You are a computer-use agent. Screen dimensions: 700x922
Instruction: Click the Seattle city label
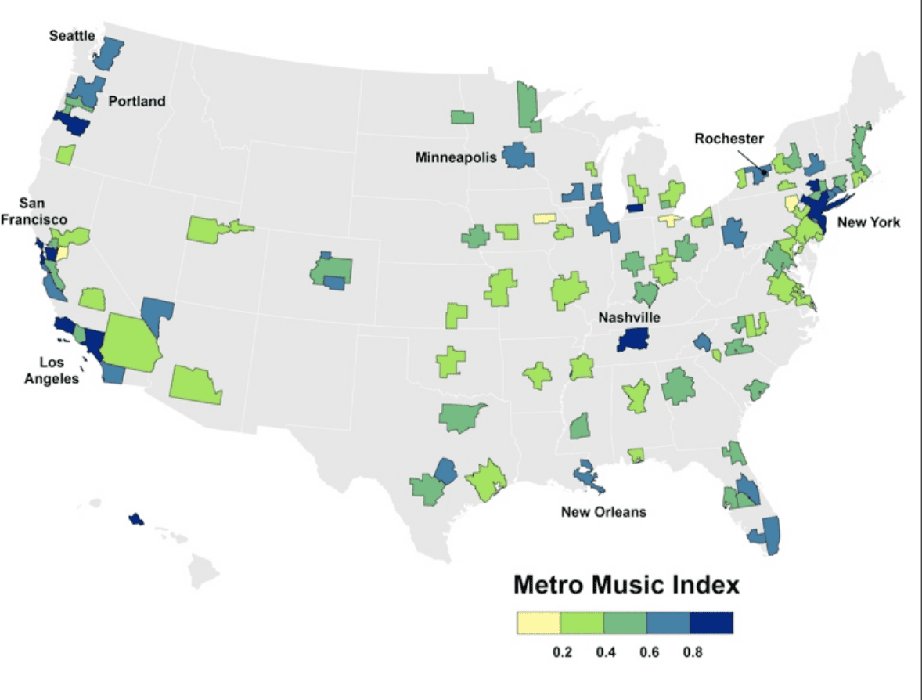click(x=71, y=36)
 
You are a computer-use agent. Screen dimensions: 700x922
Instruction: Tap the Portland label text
click(x=137, y=101)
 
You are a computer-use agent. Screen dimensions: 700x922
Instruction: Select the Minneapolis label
click(x=456, y=157)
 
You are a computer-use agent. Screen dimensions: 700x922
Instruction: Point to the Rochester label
click(x=728, y=139)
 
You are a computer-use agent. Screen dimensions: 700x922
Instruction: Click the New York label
click(x=869, y=222)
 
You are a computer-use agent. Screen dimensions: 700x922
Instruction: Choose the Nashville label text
click(x=629, y=317)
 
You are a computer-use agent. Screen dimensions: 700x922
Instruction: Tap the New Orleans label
click(x=603, y=512)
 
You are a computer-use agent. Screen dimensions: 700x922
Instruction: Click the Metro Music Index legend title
click(x=626, y=585)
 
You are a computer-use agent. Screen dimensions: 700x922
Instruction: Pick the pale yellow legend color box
click(x=538, y=622)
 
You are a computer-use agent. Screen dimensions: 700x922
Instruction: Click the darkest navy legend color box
click(x=711, y=622)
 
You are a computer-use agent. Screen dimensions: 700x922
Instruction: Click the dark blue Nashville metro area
click(x=633, y=339)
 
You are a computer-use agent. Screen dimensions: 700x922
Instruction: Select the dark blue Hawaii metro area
click(x=136, y=519)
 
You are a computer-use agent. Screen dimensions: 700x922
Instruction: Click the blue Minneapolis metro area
click(x=517, y=154)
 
